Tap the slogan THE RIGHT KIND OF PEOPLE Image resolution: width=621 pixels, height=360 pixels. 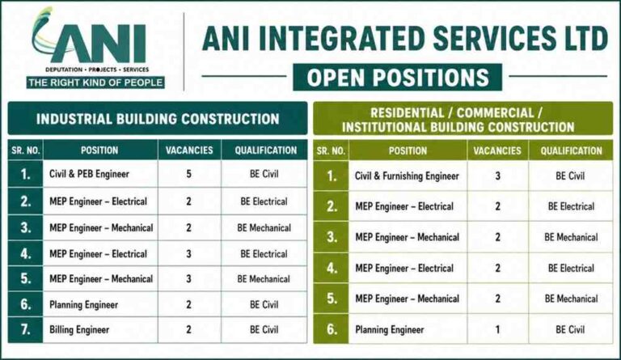coord(95,83)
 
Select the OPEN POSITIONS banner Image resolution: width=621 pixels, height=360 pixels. coord(397,77)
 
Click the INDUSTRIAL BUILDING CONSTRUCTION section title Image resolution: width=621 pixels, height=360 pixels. coord(158,119)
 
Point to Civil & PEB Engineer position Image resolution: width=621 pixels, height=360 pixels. coord(89,174)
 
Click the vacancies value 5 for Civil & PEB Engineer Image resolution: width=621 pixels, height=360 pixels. coord(189,174)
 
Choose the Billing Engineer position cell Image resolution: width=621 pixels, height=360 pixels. coord(79,330)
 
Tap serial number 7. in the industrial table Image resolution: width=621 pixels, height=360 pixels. coord(26,329)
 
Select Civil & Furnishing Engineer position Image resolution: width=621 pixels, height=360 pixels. coord(407,176)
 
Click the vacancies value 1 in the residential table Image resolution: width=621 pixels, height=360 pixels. coord(498,329)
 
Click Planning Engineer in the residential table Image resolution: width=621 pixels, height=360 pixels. coord(389,330)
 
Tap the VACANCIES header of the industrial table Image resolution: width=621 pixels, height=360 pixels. coord(189,150)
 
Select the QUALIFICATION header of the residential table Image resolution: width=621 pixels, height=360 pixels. coord(571,151)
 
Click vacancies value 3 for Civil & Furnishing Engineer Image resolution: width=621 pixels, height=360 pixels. coord(498,176)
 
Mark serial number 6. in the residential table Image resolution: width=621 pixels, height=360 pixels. coord(332,329)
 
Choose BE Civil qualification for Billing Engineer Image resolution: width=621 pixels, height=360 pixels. coord(264,329)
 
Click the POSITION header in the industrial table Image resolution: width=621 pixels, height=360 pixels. coord(99,150)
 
